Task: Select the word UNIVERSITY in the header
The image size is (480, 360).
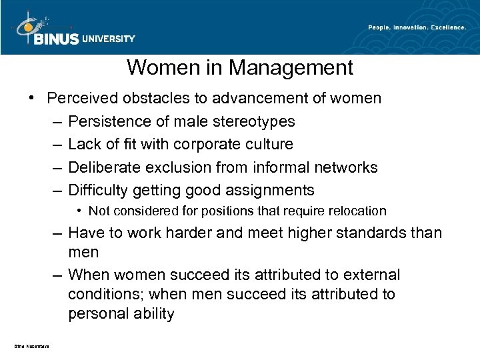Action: [109, 39]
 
